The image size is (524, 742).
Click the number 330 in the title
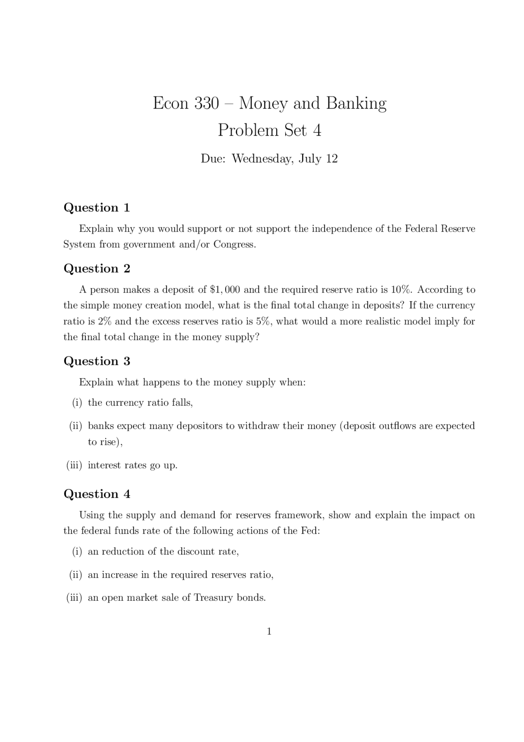[206, 103]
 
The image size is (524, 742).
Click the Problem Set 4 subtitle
[269, 130]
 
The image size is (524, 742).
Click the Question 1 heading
[97, 208]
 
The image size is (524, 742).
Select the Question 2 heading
[97, 269]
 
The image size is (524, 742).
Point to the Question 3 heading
[97, 361]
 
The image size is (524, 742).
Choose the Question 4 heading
[97, 494]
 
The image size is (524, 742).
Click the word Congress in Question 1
[234, 245]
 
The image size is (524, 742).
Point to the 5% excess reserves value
[263, 321]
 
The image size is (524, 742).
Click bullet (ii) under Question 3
[76, 426]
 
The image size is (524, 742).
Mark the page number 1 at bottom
[269, 632]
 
